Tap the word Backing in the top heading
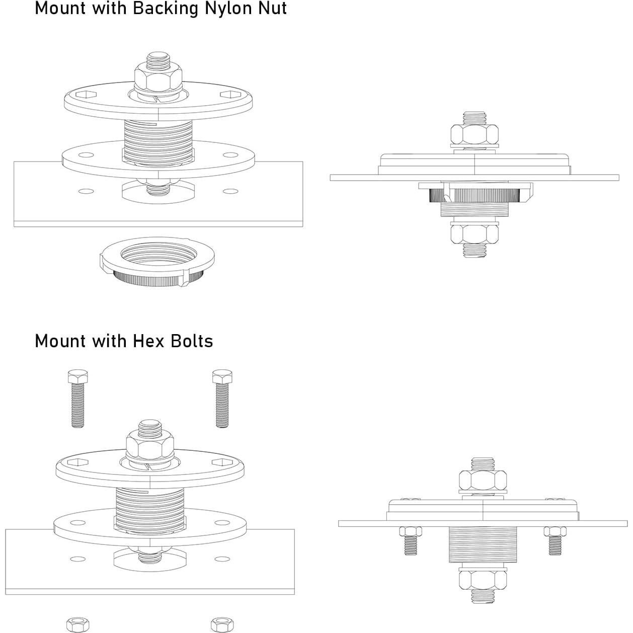[165, 8]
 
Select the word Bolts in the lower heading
[192, 341]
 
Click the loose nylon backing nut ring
[157, 265]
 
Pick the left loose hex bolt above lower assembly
[78, 399]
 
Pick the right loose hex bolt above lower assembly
[222, 399]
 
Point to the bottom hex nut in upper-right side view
[474, 234]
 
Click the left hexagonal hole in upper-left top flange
[86, 95]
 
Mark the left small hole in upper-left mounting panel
[87, 191]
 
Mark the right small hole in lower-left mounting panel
[222, 559]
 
